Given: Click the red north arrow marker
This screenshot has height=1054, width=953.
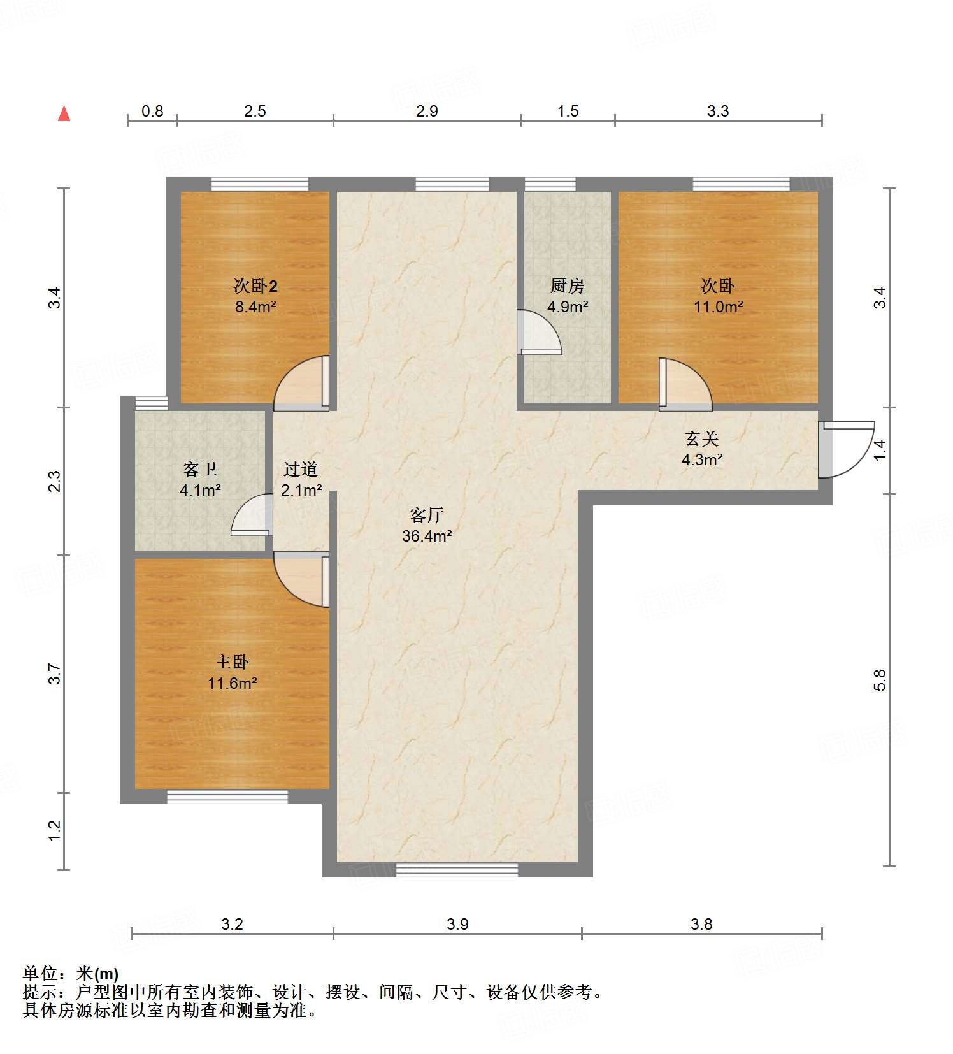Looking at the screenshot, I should [x=64, y=114].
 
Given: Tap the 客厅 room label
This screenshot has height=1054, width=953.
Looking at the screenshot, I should [x=426, y=515].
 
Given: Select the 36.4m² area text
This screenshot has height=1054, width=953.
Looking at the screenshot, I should [x=426, y=537].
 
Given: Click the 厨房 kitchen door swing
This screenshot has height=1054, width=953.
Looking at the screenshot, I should [x=538, y=333].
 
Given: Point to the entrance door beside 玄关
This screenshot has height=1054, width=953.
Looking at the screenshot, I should [x=846, y=449].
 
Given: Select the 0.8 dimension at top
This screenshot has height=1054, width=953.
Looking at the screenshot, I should [x=152, y=112].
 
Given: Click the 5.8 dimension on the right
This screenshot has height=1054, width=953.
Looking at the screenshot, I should [x=880, y=680].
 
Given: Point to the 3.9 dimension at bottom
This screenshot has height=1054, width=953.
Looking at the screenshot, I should [x=457, y=924].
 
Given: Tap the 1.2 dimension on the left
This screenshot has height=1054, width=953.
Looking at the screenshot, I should [x=55, y=830].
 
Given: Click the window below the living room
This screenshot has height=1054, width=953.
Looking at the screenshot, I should [x=457, y=869].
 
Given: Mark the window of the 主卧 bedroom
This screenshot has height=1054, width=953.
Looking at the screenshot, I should [x=227, y=797].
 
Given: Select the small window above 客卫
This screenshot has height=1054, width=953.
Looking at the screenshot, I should [x=152, y=403].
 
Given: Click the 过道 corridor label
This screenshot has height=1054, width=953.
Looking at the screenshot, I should [x=301, y=470].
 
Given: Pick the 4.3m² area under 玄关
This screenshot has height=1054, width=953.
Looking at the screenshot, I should [x=702, y=459].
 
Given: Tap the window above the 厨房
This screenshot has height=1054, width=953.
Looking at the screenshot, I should [x=550, y=184].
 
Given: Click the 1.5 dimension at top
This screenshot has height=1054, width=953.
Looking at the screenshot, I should [x=568, y=112].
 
